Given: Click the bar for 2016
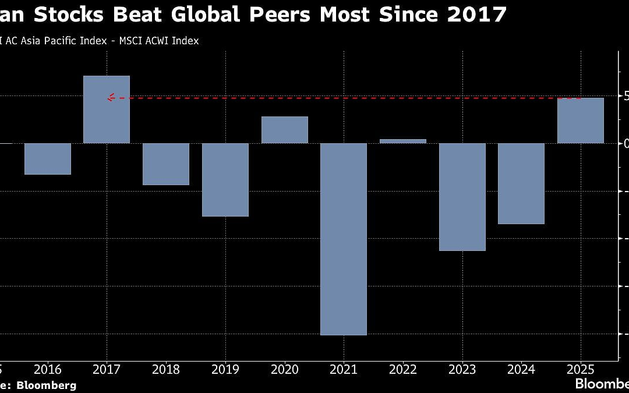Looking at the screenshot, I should coord(48,158).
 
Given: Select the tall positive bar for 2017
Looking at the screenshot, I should coord(107,109).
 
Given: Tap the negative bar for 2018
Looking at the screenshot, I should coord(166,164).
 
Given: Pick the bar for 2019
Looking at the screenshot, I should coord(225,179).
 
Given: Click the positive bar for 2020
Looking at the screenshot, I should coord(285,130).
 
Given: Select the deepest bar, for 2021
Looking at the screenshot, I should coord(344,239).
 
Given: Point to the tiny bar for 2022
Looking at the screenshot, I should coord(403,141).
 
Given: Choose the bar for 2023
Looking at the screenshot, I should coord(462,197).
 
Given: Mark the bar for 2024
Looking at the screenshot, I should coord(521,183).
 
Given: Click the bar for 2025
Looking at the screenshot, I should coord(581,121).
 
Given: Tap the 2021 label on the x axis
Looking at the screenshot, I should coord(344,369).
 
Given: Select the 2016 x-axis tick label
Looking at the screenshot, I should coord(48,369).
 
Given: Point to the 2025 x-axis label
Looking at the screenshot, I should coord(581,369).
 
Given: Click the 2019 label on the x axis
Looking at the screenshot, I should coord(225,369).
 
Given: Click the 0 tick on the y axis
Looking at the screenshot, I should coord(626,143).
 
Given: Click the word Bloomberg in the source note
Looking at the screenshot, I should coord(46,385).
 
